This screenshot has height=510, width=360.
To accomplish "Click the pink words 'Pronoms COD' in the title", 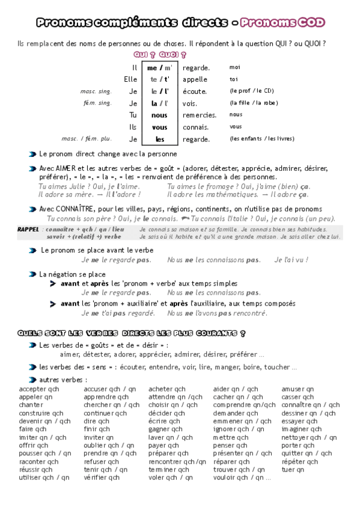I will click(x=282, y=23).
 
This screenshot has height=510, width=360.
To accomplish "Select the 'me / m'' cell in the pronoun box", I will click(x=159, y=67).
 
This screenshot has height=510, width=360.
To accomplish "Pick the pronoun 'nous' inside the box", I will click(x=159, y=115).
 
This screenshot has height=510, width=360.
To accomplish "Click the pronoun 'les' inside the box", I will click(x=159, y=139).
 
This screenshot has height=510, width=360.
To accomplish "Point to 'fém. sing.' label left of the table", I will click(x=97, y=103).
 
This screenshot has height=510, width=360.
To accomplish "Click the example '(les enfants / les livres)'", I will click(x=261, y=139).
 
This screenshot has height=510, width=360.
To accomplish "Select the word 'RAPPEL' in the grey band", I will click(x=29, y=230).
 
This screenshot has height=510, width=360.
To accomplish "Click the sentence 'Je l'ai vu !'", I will click(x=291, y=260).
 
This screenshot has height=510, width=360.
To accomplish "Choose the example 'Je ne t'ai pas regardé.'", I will click(x=118, y=313).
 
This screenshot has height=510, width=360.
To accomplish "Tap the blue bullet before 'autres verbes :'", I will click(x=32, y=379).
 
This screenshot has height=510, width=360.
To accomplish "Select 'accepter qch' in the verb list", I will click(x=39, y=389).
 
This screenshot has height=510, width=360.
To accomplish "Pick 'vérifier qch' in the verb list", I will click(x=102, y=478).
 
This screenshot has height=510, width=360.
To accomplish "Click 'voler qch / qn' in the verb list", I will click(x=171, y=478).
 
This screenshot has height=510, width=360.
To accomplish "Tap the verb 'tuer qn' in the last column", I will click(x=293, y=469).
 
